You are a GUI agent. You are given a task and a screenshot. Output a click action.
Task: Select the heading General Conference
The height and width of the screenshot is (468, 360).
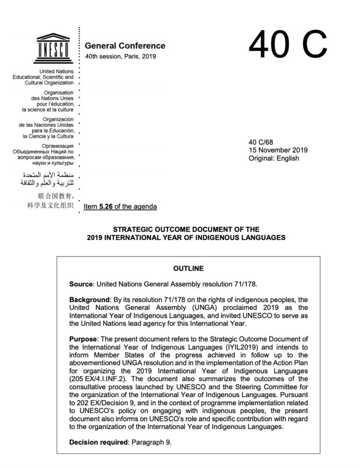(x=125, y=46)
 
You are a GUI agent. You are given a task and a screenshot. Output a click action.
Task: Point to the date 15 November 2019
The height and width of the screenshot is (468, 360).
(x=278, y=150)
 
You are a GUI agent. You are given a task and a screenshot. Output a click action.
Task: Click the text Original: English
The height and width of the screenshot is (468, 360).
(x=274, y=159)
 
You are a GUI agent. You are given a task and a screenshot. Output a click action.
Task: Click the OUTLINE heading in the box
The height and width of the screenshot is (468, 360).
(x=188, y=269)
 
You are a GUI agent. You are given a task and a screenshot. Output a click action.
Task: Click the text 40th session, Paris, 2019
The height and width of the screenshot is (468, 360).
(x=120, y=57)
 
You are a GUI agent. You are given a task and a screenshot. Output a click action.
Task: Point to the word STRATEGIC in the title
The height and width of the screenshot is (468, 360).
(x=133, y=229)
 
